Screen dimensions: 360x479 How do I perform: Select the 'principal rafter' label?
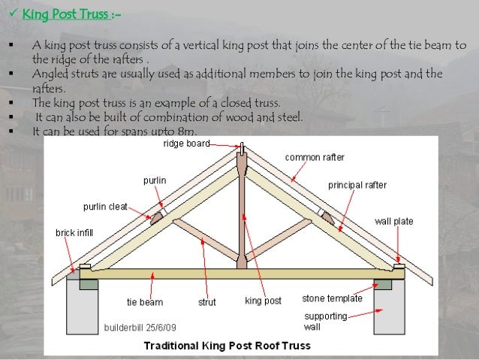click(x=357, y=184)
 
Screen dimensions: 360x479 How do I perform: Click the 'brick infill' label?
click(x=74, y=233)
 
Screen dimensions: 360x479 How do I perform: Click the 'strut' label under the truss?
click(x=207, y=302)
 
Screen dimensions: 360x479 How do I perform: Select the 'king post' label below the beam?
click(x=263, y=301)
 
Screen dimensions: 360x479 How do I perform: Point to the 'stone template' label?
click(x=332, y=298)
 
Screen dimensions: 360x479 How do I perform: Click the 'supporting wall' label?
click(x=325, y=321)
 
